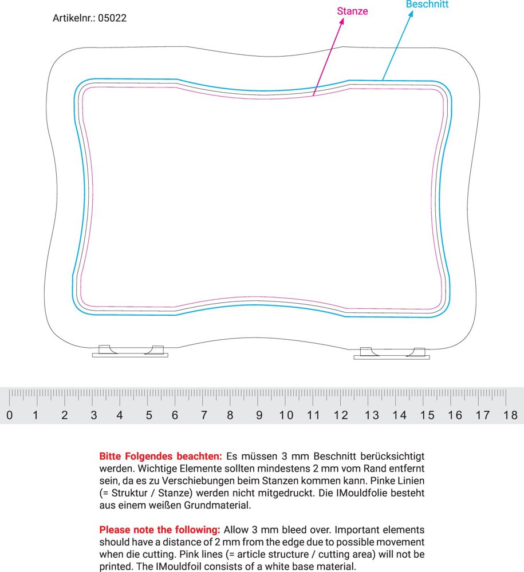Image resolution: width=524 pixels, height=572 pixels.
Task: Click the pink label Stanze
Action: click(x=352, y=11)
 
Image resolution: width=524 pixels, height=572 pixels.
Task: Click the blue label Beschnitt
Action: click(x=427, y=5)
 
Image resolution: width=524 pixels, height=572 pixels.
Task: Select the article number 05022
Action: click(x=112, y=18)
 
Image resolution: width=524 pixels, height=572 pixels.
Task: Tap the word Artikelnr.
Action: click(x=73, y=18)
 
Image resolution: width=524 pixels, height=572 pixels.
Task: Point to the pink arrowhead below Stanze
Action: click(x=342, y=22)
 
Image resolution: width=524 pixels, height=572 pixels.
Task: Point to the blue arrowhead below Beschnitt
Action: click(x=411, y=15)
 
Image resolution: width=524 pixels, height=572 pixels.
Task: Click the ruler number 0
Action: click(x=9, y=415)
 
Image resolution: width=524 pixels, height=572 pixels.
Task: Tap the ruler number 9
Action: click(x=259, y=415)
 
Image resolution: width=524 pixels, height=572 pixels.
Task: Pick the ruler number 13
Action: click(x=372, y=415)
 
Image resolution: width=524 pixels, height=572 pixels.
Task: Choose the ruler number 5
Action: click(x=148, y=415)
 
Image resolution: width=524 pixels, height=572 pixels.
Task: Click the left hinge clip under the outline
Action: click(x=131, y=351)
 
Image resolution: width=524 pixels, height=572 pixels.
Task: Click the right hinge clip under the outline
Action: click(x=392, y=353)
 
